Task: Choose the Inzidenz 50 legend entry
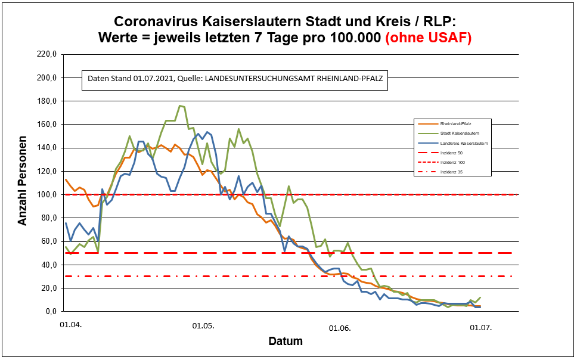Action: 451,153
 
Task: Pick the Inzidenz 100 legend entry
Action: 451,162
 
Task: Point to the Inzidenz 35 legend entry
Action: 451,172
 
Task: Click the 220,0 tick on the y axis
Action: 45,54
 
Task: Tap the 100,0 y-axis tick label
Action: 45,194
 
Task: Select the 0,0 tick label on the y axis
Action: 49,311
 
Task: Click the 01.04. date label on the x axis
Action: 69,326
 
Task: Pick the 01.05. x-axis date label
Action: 203,326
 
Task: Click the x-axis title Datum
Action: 285,342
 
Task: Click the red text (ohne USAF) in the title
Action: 429,38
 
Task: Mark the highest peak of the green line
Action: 179,105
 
